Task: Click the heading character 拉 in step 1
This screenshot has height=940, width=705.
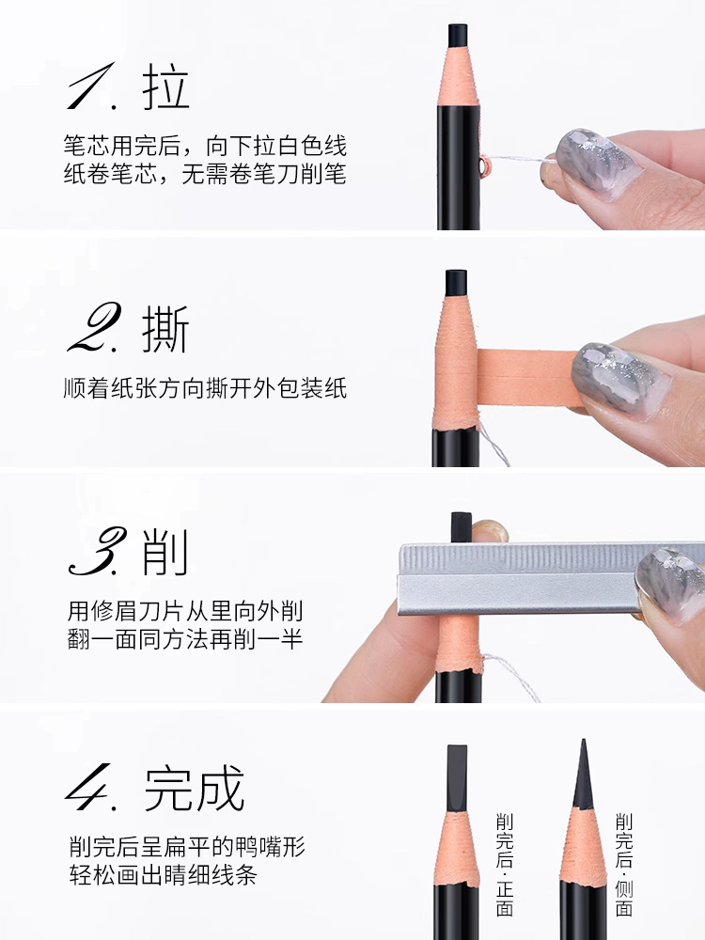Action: click(x=166, y=86)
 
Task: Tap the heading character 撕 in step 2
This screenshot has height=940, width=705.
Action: click(x=165, y=329)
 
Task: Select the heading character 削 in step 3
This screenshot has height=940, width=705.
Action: click(x=164, y=552)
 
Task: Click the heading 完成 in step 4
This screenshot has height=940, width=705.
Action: click(x=195, y=788)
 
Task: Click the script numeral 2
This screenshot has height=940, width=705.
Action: click(x=94, y=327)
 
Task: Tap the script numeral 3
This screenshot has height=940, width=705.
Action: click(x=97, y=552)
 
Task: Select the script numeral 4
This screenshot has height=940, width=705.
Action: click(x=91, y=787)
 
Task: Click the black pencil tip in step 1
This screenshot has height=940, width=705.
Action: click(x=458, y=34)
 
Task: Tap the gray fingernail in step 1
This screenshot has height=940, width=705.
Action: click(x=592, y=162)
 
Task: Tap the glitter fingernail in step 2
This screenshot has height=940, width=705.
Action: click(x=618, y=379)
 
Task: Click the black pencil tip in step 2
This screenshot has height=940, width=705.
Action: click(x=456, y=283)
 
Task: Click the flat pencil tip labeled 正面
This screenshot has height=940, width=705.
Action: click(x=457, y=778)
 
